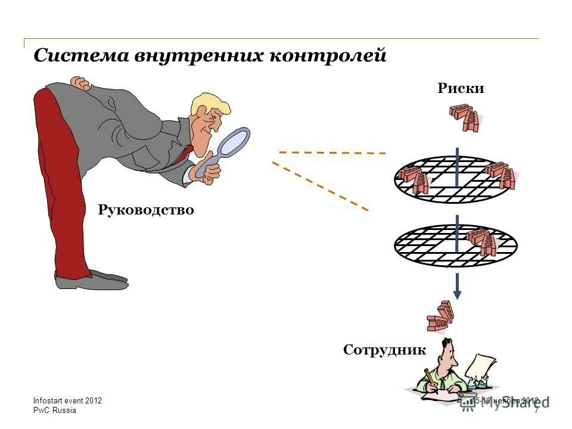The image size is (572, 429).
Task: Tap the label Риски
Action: coord(461,89)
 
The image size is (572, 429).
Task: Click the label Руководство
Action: coord(146,210)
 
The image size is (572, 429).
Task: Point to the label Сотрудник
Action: coord(384,350)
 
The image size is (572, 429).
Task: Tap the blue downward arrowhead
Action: coord(457,294)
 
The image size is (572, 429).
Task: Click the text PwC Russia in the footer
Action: coord(55,411)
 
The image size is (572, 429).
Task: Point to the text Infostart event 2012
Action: coord(67,401)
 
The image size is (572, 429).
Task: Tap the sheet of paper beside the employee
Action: coord(483,369)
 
